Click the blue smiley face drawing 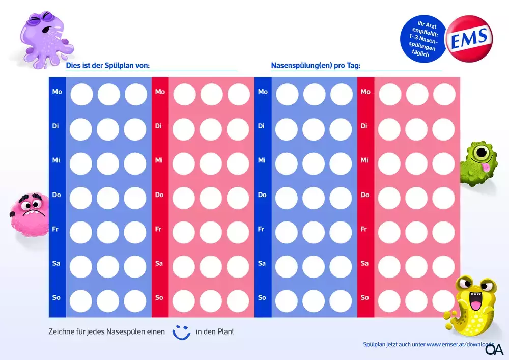pyautogui.click(x=181, y=331)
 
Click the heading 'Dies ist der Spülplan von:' pyautogui.click(x=107, y=66)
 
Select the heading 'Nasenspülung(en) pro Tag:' pyautogui.click(x=316, y=66)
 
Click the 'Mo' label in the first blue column pyautogui.click(x=57, y=92)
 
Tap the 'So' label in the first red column pyautogui.click(x=159, y=297)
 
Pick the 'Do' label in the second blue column pyautogui.click(x=262, y=195)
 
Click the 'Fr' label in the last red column pyautogui.click(x=364, y=229)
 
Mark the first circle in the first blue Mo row pyautogui.click(x=81, y=94)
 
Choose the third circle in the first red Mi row pyautogui.click(x=238, y=163)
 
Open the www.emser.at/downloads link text pyautogui.click(x=461, y=345)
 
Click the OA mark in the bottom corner pyautogui.click(x=494, y=350)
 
